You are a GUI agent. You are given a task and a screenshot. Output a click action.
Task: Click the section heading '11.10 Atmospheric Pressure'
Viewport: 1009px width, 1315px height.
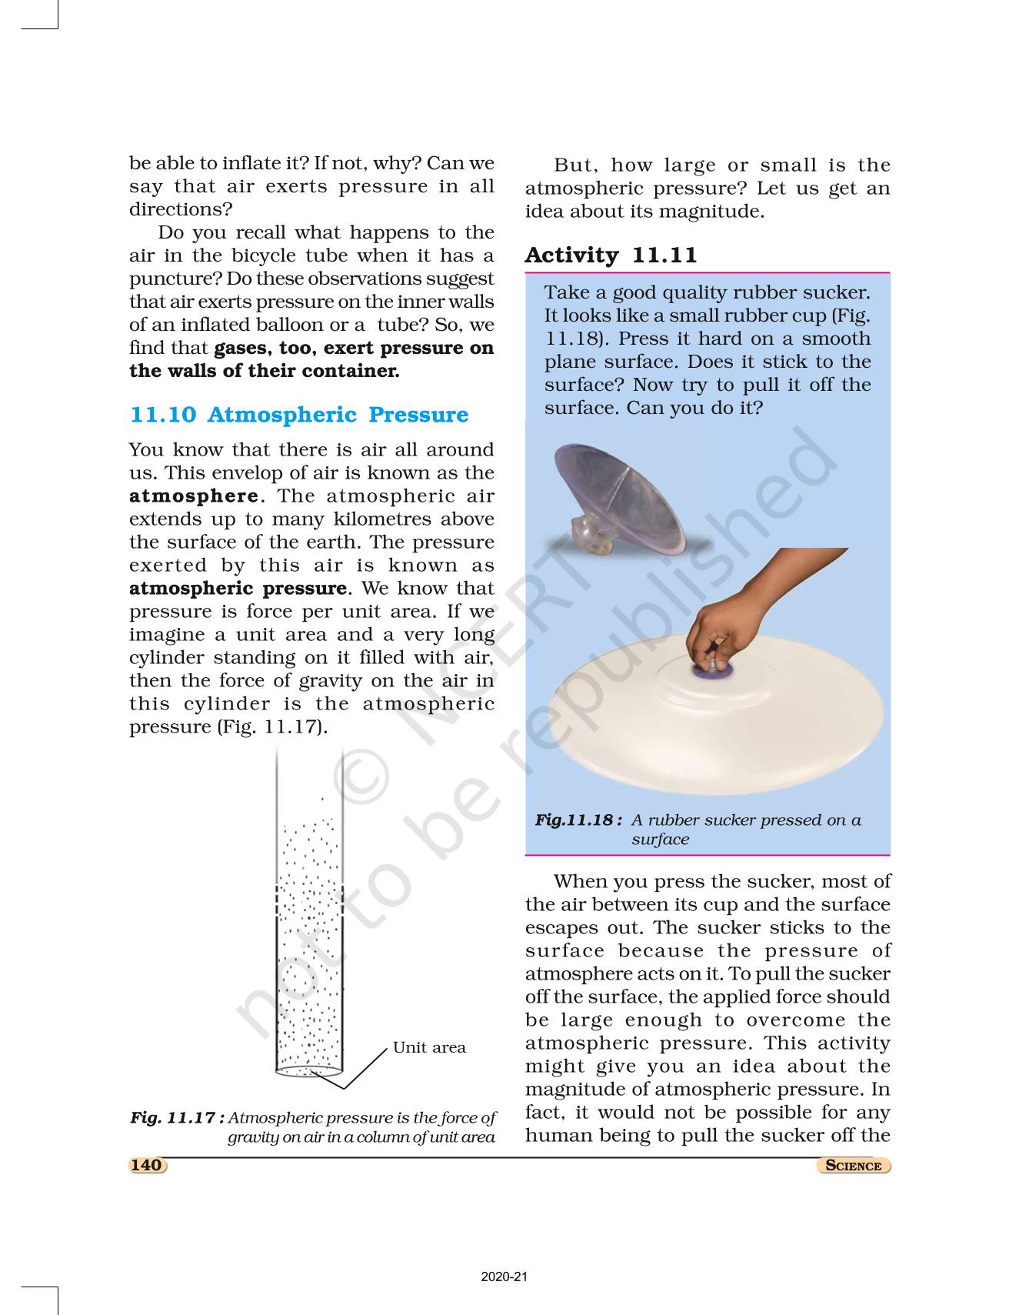[x=299, y=415]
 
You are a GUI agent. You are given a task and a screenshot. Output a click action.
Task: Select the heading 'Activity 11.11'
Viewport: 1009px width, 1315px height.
[x=611, y=255]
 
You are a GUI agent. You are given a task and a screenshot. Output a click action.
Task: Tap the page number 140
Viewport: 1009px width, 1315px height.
[x=146, y=1165]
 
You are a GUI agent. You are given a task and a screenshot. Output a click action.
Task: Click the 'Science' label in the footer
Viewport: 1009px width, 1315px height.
[x=853, y=1165]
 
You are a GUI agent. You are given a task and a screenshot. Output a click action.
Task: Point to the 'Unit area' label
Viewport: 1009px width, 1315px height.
[x=429, y=1047]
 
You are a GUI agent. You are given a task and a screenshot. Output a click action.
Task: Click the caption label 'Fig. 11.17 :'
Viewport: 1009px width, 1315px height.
[x=177, y=1117]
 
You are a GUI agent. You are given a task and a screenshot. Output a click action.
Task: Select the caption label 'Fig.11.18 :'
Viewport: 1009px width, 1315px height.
[x=578, y=820]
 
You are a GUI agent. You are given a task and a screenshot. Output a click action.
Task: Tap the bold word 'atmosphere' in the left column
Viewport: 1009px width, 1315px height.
[x=193, y=496]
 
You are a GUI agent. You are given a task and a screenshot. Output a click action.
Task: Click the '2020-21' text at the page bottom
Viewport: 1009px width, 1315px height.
[x=504, y=1277]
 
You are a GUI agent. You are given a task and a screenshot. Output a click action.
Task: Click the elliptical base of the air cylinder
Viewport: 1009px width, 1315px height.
[x=308, y=1070]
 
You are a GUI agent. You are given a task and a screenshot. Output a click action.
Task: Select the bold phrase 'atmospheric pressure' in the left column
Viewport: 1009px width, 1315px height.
[x=238, y=589]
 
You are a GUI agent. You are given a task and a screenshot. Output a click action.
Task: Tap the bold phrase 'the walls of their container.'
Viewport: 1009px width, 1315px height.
[x=264, y=371]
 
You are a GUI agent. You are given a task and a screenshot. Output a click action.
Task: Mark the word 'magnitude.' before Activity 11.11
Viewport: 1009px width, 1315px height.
[x=719, y=212]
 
